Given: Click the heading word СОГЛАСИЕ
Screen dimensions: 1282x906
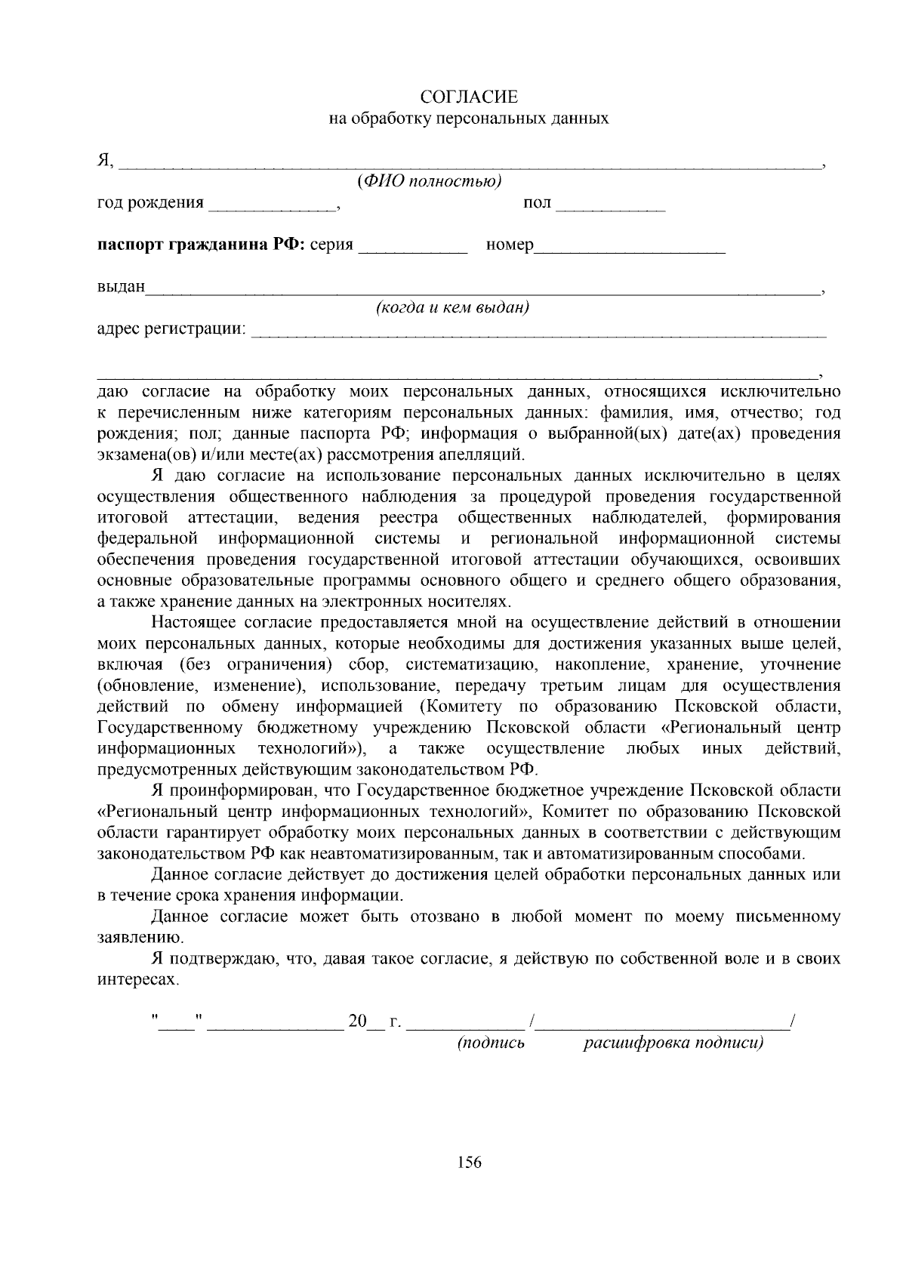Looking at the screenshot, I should pyautogui.click(x=469, y=97).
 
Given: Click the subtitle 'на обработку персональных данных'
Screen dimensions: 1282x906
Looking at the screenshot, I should pyautogui.click(x=469, y=119).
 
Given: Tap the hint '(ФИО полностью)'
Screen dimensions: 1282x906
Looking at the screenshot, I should pyautogui.click(x=429, y=181).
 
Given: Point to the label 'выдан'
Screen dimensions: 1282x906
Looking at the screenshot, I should pyautogui.click(x=121, y=288).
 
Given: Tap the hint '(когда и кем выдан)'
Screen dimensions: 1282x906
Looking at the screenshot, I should pyautogui.click(x=452, y=307).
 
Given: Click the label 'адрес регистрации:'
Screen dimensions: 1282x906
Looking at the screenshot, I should pyautogui.click(x=172, y=330).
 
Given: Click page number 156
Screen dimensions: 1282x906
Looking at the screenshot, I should pyautogui.click(x=469, y=1162).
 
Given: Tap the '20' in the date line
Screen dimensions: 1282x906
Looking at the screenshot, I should pyautogui.click(x=357, y=1022).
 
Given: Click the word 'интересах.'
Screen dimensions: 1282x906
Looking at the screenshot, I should pyautogui.click(x=139, y=980).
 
